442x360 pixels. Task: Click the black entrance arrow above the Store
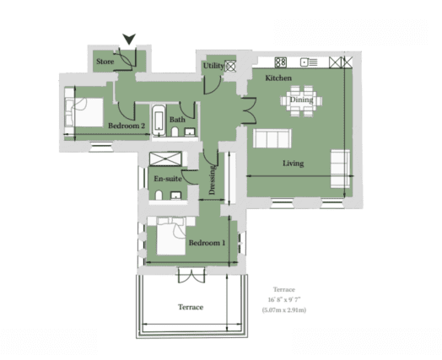coord(129,38)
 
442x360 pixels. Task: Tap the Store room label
coord(105,62)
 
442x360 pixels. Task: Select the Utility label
coord(213,66)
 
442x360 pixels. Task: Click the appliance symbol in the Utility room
coord(230,66)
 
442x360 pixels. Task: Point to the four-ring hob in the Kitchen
coord(281,62)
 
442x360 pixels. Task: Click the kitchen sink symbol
coord(309,62)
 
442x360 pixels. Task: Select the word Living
coord(294,164)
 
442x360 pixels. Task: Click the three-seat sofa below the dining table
coord(272,138)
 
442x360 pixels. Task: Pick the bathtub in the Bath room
coord(159,121)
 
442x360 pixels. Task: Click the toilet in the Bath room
coord(175,132)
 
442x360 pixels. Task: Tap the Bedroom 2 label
coord(127,126)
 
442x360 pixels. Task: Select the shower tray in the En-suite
coord(165,159)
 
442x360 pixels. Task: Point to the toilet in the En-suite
coord(159,195)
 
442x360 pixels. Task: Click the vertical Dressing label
coord(213,180)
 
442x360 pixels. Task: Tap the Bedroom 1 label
coord(208,243)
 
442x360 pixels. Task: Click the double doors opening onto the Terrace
coord(191,275)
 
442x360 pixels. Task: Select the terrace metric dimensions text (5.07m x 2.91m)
coord(284,310)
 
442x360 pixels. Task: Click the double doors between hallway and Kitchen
coord(250,110)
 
